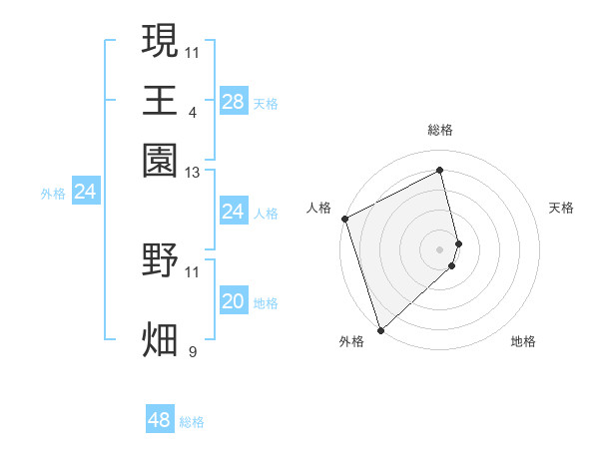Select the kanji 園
(161, 160)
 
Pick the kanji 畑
(161, 339)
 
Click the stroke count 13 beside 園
(193, 174)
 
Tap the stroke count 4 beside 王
(193, 112)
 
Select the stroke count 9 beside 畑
(193, 351)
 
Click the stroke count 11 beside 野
(193, 271)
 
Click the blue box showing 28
(233, 101)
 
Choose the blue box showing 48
(159, 420)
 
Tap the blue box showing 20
(233, 301)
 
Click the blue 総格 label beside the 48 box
(192, 422)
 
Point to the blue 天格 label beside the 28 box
(266, 103)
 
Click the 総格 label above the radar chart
(440, 130)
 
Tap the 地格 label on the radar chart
(523, 341)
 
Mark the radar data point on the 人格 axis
(344, 219)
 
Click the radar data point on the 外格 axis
(380, 329)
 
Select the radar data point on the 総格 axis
(440, 170)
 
